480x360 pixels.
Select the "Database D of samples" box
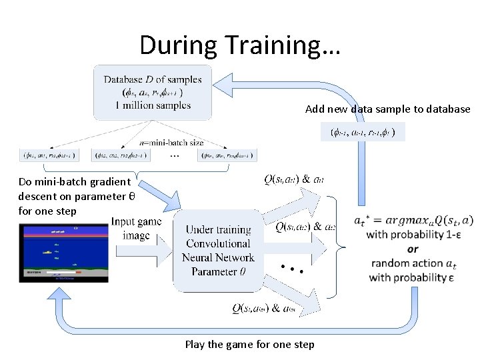pos(153,92)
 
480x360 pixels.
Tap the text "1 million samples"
pos(153,105)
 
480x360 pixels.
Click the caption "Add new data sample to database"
pos(387,109)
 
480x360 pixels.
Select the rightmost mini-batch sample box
pos(227,155)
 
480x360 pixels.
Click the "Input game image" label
pos(136,228)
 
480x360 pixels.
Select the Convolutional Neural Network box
pos(220,251)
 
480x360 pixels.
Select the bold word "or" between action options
pos(413,249)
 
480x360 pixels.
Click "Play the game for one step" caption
pos(249,344)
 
